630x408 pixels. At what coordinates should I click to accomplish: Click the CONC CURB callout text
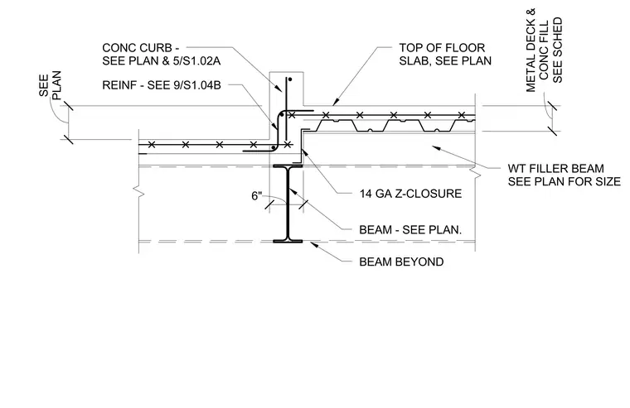click(x=162, y=54)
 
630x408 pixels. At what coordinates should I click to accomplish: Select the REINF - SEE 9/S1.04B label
click(x=162, y=85)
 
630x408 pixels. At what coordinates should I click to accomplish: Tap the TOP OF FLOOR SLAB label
click(x=445, y=54)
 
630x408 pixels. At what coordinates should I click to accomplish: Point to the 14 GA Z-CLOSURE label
click(x=410, y=194)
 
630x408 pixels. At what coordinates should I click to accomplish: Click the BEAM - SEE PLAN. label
click(x=410, y=230)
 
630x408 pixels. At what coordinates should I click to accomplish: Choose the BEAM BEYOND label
click(x=401, y=262)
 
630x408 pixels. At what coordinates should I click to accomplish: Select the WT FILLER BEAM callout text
click(x=565, y=175)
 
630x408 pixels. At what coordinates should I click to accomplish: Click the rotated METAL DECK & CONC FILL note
click(x=545, y=50)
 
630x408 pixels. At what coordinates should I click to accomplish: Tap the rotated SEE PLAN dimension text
click(x=51, y=85)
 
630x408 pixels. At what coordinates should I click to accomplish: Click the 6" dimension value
click(x=257, y=196)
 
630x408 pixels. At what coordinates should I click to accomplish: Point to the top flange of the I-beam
click(x=288, y=166)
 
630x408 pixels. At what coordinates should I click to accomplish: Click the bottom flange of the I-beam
click(x=288, y=241)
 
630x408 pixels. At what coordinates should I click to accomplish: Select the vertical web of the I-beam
click(x=288, y=204)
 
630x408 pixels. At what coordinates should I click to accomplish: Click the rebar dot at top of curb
click(x=289, y=79)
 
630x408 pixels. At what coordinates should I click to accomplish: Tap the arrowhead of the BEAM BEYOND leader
click(x=313, y=245)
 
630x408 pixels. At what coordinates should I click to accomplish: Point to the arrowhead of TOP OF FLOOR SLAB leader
click(x=336, y=101)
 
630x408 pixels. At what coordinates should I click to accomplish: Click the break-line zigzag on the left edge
click(x=140, y=191)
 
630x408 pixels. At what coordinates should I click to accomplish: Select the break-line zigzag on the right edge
click(x=476, y=175)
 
